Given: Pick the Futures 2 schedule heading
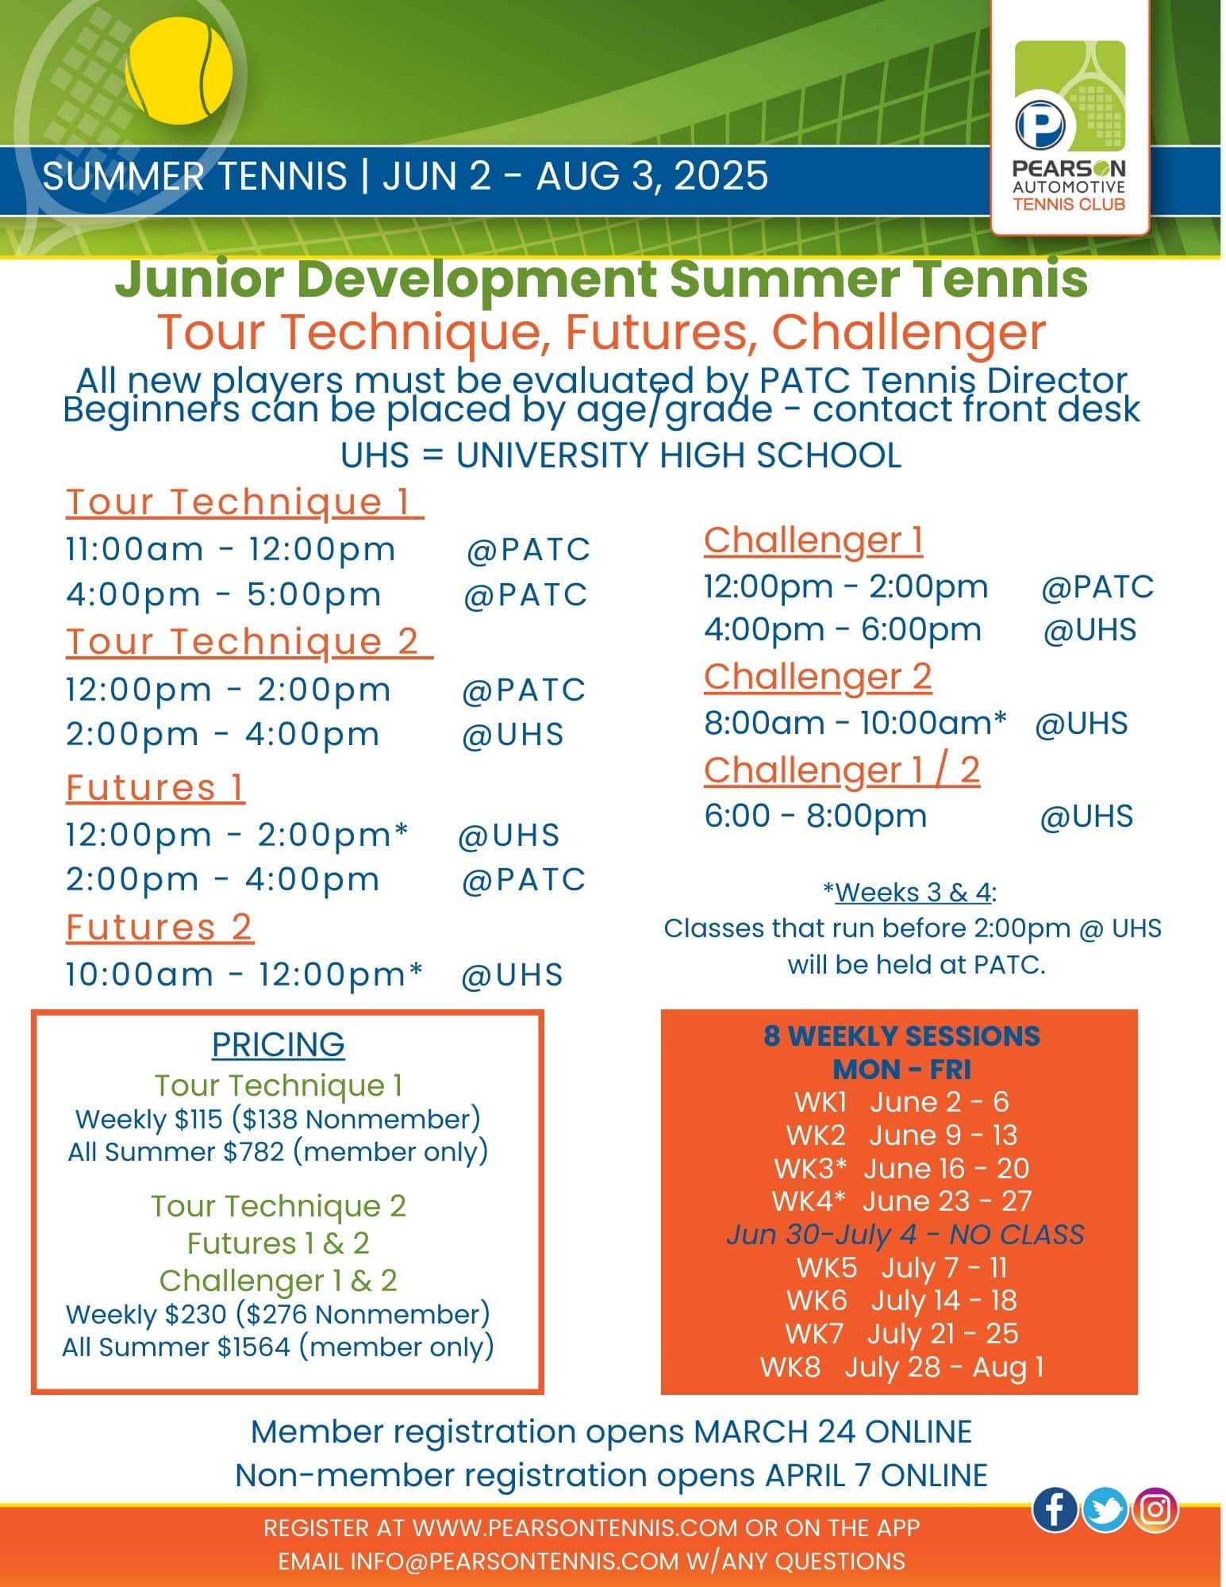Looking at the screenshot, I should tap(159, 926).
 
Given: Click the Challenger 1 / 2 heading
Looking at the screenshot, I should tap(841, 769).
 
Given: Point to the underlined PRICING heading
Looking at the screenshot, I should tap(278, 1043).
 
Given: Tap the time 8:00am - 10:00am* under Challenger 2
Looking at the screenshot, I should tap(855, 723).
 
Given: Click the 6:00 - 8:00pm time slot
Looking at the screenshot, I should tap(815, 816).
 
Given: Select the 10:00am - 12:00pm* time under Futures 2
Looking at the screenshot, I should tap(244, 974).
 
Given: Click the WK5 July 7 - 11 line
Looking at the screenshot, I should tap(901, 1267).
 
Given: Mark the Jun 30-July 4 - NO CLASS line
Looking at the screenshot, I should tap(905, 1234).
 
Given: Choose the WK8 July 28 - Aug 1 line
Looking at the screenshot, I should tap(901, 1366).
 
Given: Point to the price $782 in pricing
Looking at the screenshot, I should tap(253, 1151).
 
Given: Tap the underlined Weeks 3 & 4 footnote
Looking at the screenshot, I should tap(913, 892).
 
